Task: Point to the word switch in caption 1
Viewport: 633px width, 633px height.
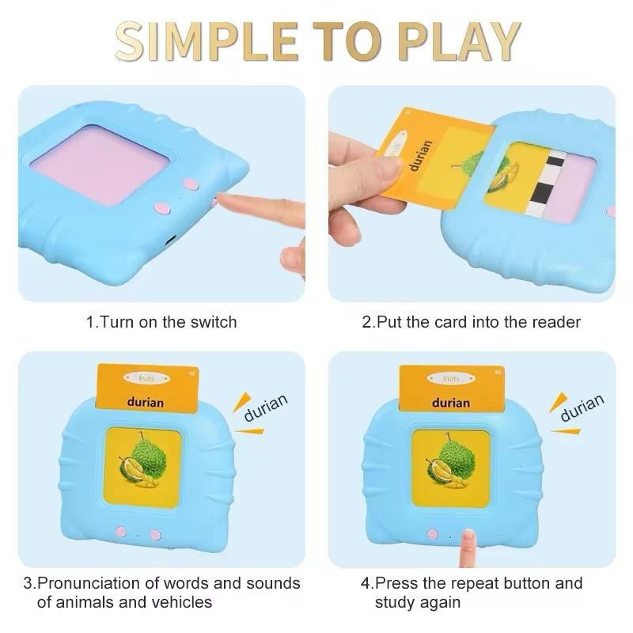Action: click(213, 322)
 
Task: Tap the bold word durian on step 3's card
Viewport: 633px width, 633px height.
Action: click(146, 402)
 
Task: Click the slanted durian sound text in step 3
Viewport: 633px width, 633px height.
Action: click(266, 407)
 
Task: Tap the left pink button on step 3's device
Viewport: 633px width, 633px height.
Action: click(121, 533)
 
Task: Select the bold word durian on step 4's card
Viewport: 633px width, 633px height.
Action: click(451, 402)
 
